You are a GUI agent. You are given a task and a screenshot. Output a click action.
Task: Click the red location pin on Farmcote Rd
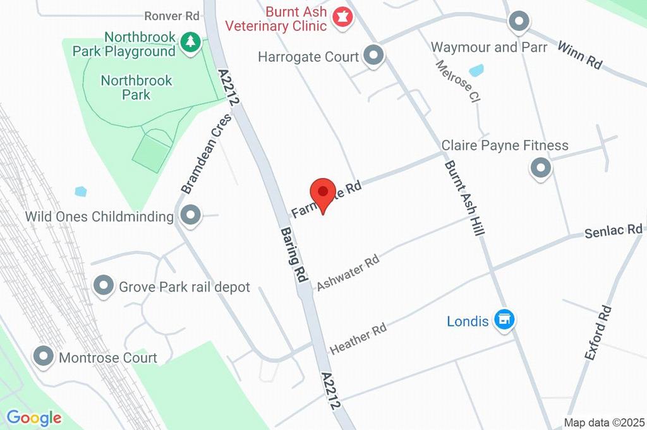(323, 192)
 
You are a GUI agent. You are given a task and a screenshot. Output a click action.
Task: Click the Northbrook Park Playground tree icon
(190, 42)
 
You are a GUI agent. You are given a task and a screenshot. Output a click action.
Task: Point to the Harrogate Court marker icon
(374, 56)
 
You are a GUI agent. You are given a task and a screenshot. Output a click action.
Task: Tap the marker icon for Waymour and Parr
(519, 21)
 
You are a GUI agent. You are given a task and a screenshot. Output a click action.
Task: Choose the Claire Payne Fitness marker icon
(540, 168)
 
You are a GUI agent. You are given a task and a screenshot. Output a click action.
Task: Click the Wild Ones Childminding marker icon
(190, 216)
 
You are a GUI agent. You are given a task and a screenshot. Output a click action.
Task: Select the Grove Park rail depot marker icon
(103, 286)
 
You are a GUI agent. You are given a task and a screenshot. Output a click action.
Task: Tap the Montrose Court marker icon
(44, 357)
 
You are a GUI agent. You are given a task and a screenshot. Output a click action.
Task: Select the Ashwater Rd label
(348, 273)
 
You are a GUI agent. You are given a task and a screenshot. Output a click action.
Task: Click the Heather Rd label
(358, 340)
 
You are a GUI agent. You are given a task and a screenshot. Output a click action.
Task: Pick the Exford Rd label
(598, 333)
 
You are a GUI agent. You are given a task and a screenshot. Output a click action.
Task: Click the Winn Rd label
(579, 54)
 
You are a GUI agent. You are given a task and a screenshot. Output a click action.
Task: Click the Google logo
(34, 417)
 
